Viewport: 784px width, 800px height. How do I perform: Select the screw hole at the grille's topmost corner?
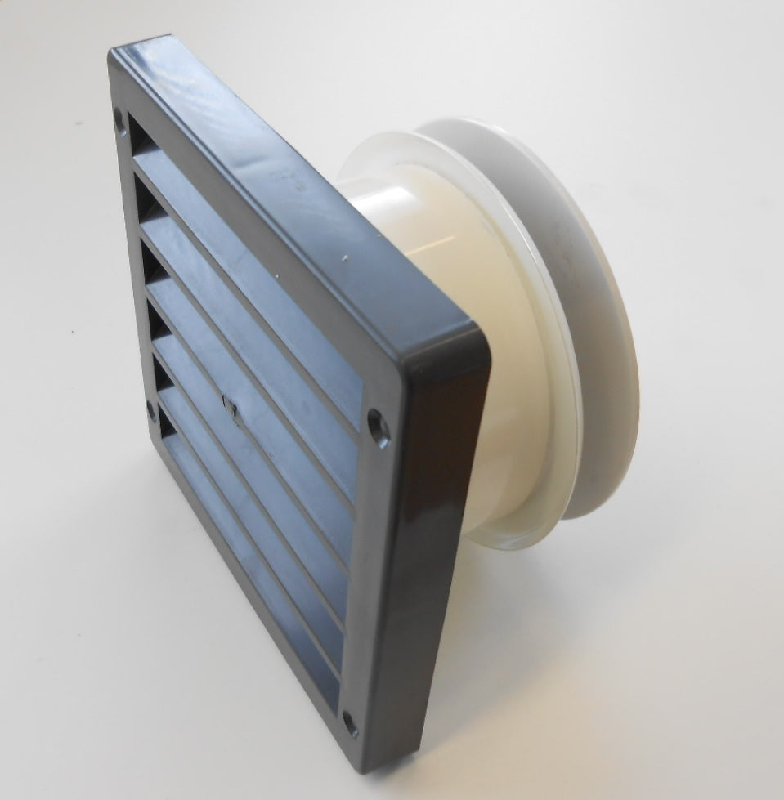120,119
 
